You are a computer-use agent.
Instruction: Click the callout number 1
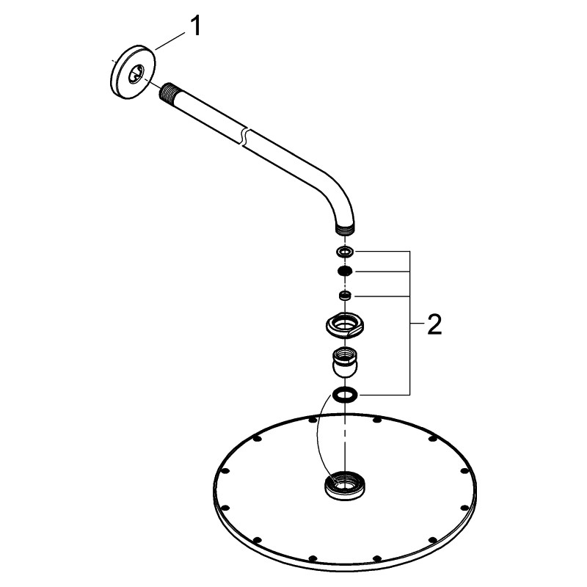click(195, 26)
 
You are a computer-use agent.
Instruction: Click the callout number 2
click(434, 324)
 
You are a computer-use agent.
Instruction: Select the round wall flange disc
click(133, 72)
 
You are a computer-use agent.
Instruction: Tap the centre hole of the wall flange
click(136, 74)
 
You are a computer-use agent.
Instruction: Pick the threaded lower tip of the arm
click(344, 230)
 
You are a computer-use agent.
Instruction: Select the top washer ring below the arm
click(344, 252)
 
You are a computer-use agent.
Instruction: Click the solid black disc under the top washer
click(344, 271)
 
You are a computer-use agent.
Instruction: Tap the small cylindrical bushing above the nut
click(344, 296)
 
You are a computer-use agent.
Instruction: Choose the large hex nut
click(344, 324)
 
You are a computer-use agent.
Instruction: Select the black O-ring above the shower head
click(344, 395)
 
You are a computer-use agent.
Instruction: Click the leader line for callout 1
click(170, 41)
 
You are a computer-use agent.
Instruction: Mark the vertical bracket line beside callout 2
click(411, 323)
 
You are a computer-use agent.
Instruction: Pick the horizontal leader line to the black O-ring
click(382, 394)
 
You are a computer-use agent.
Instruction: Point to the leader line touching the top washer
click(382, 251)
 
